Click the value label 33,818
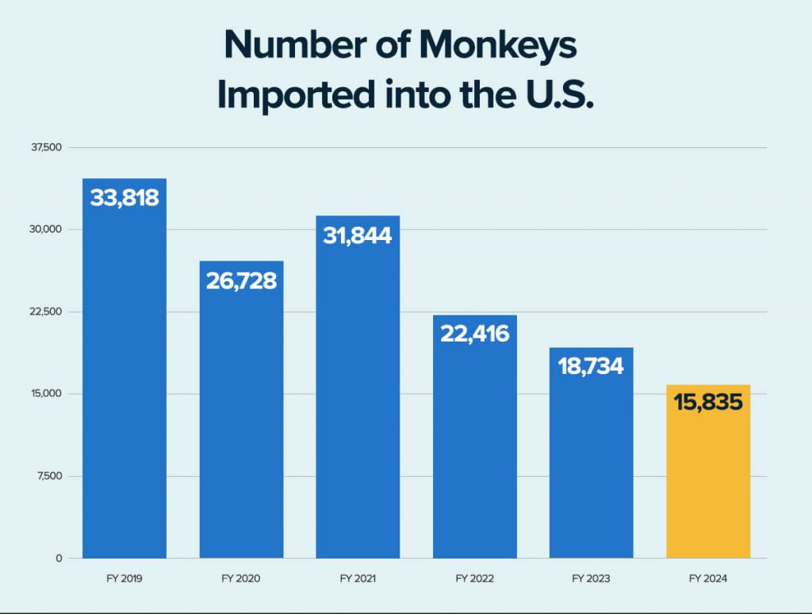point(124,198)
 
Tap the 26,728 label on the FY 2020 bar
point(241,280)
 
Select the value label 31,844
point(358,235)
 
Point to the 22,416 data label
point(474,334)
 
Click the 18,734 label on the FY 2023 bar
point(591,366)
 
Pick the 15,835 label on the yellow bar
point(708,402)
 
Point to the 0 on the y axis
point(59,559)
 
